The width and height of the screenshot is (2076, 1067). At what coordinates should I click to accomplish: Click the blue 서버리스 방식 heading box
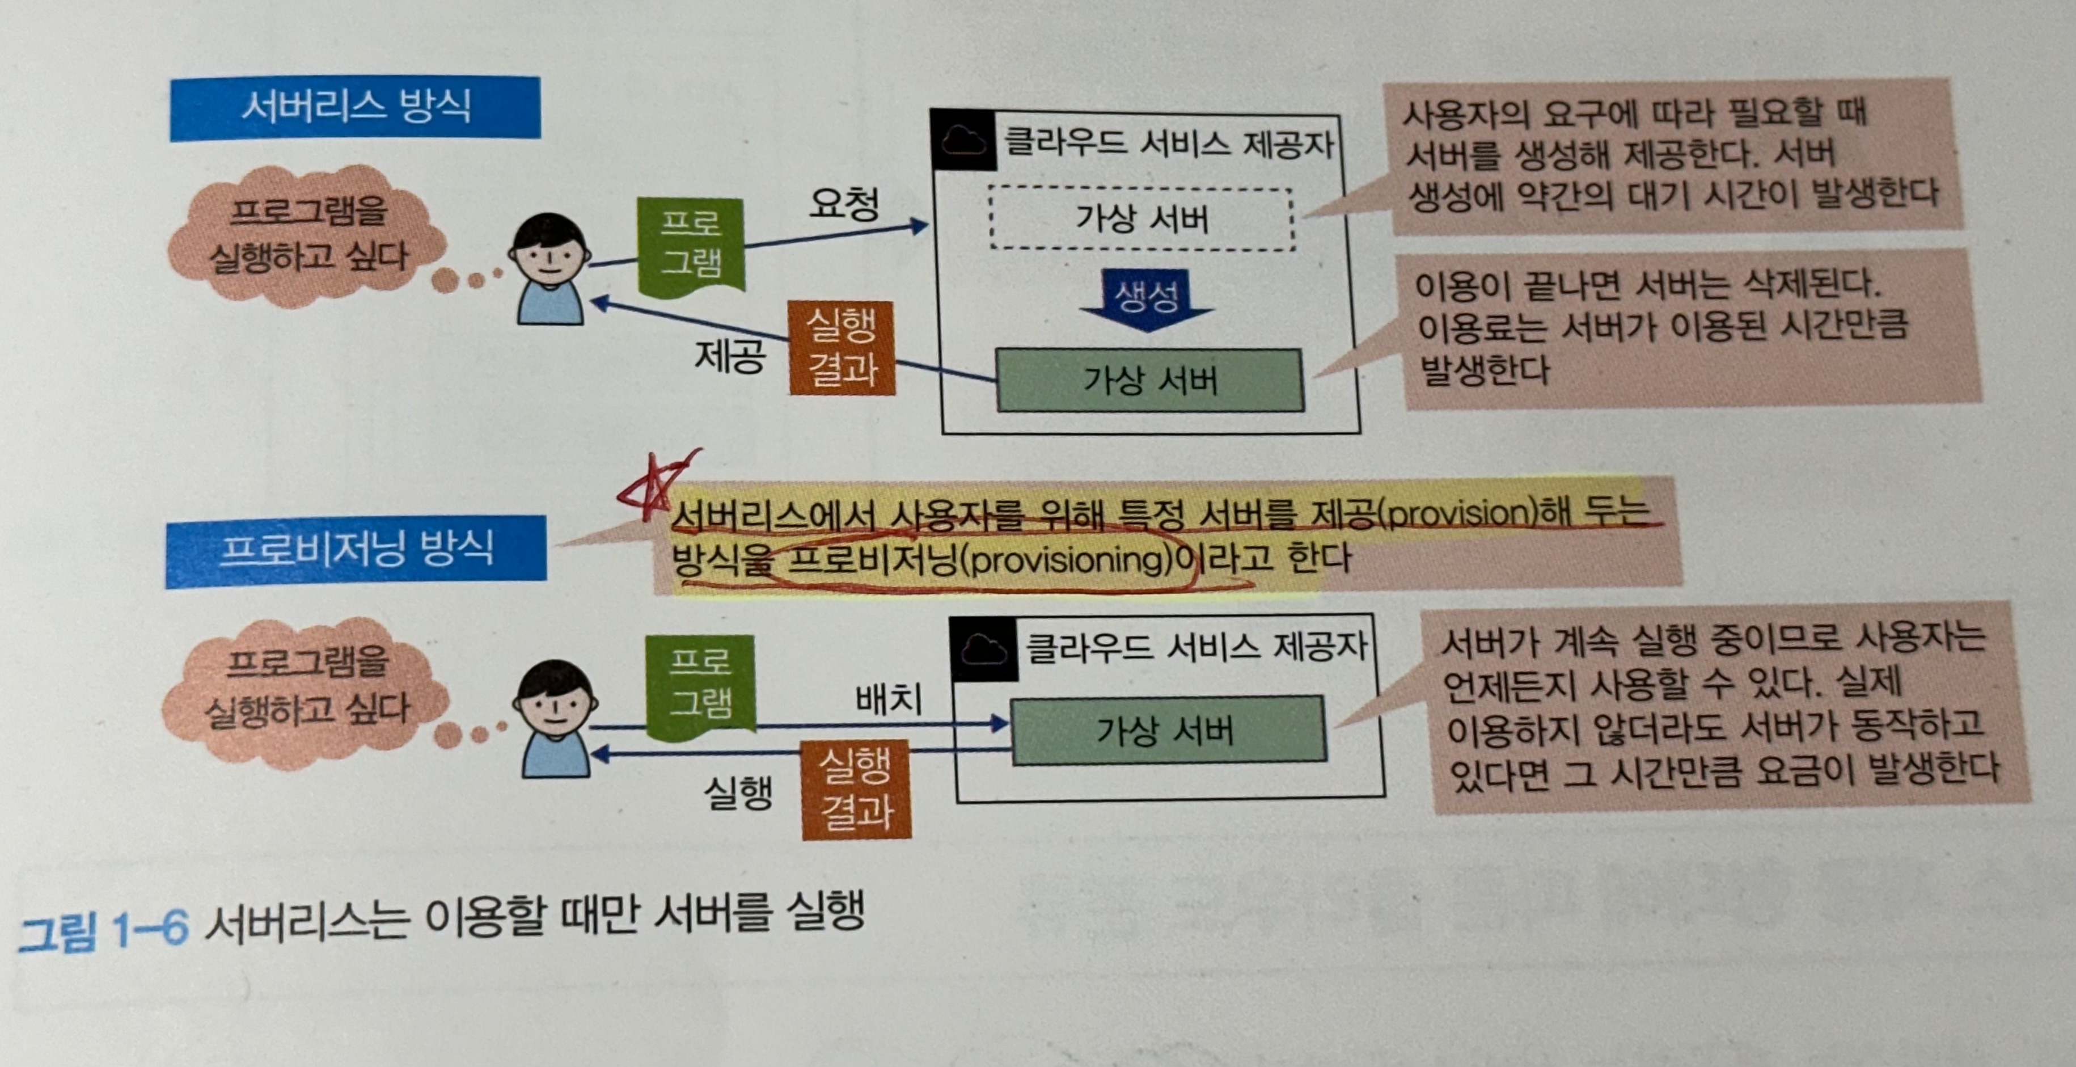tap(354, 108)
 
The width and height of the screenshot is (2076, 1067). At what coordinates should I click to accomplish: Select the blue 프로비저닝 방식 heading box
tap(356, 551)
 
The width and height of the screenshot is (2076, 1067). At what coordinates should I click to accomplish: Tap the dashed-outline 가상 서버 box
tap(1142, 218)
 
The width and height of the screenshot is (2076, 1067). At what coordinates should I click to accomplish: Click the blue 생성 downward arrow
tap(1146, 300)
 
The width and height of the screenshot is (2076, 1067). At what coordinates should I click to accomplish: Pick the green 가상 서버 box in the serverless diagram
tap(1150, 379)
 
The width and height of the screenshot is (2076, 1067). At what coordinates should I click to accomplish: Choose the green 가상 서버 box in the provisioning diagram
tap(1167, 730)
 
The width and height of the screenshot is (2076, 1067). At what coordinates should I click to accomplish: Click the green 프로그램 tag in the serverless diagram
tap(691, 244)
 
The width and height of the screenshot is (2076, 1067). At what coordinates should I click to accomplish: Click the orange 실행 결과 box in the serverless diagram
tap(842, 347)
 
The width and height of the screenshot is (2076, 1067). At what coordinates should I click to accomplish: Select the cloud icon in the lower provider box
tap(983, 647)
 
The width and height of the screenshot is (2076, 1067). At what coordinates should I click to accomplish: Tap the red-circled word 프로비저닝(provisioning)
tap(979, 559)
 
